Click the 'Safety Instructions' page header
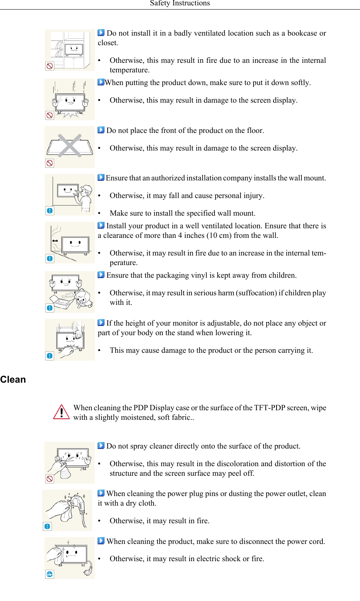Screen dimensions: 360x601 click(x=180, y=3)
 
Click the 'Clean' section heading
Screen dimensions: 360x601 click(x=13, y=380)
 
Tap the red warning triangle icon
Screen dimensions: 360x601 click(x=61, y=412)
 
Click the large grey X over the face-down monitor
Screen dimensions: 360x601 click(x=70, y=146)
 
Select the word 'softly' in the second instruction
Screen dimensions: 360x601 click(x=299, y=83)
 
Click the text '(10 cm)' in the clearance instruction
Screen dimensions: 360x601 click(x=219, y=236)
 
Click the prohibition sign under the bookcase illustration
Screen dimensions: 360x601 click(x=50, y=66)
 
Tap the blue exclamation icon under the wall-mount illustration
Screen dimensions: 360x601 click(x=50, y=211)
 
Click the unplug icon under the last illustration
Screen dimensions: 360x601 click(x=49, y=574)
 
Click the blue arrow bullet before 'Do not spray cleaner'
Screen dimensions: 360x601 click(x=101, y=446)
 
